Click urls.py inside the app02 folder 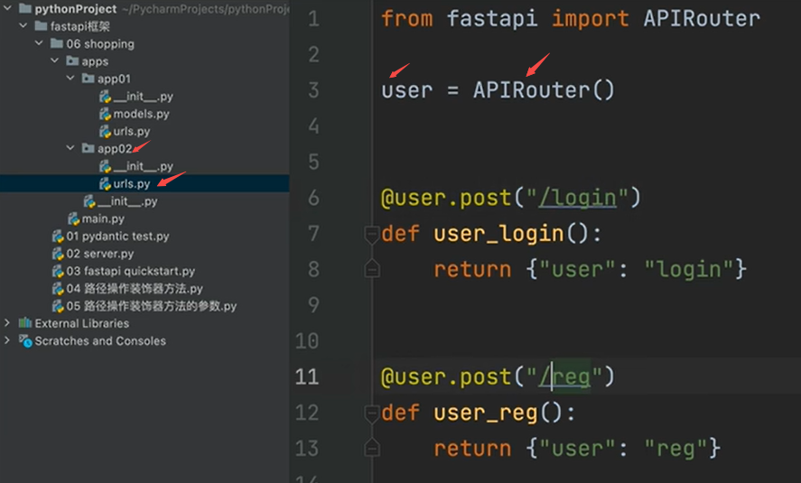tap(131, 184)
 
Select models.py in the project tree tap(140, 114)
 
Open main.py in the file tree tap(103, 218)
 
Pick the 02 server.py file tap(99, 254)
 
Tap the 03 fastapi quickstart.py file tap(130, 271)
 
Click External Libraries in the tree tap(81, 323)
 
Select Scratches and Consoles tap(100, 341)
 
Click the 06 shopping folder tap(99, 43)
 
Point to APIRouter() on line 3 tap(544, 90)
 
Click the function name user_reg tap(486, 413)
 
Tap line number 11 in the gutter tap(307, 376)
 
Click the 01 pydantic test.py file tap(117, 237)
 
